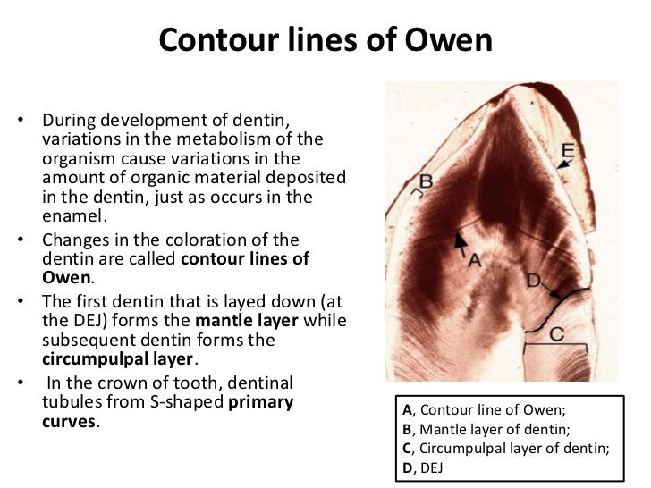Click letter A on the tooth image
point(476,260)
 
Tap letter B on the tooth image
point(426,181)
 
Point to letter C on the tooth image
point(555,334)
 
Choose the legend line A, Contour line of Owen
point(484,412)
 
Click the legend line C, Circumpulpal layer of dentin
point(505,448)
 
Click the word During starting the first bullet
point(71,120)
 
